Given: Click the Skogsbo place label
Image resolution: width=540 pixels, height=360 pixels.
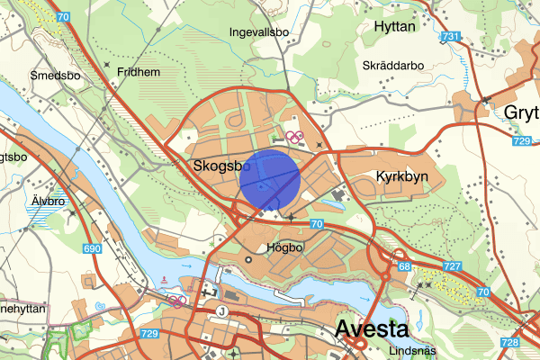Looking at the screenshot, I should click(x=221, y=166).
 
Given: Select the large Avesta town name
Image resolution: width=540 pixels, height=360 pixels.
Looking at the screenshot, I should click(x=371, y=329).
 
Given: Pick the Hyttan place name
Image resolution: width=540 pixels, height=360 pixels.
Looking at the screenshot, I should click(x=392, y=27).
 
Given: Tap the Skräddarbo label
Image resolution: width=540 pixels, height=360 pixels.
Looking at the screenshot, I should click(x=391, y=65).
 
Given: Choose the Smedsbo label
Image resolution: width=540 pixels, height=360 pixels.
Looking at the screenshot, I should click(x=55, y=76).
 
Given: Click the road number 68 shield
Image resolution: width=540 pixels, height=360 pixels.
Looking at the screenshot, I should click(x=404, y=266).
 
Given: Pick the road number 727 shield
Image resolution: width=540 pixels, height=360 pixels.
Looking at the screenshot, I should click(x=452, y=266).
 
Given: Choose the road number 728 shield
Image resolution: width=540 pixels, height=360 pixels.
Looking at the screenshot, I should click(x=509, y=343).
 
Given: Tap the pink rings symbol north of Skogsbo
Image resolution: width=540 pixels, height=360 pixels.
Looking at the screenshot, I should click(x=293, y=138).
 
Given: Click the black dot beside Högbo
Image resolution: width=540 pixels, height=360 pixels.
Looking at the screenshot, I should click(x=249, y=260).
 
